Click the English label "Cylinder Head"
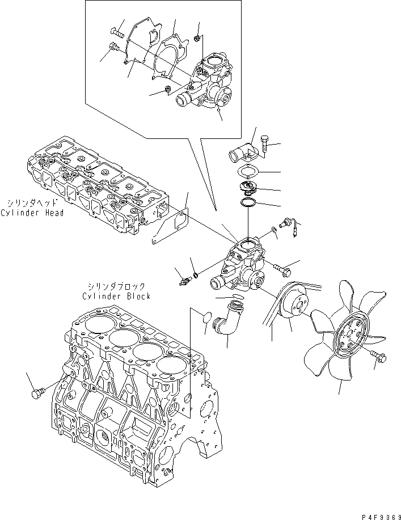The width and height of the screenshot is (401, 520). (x=32, y=213)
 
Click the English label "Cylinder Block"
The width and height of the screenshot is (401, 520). (x=116, y=296)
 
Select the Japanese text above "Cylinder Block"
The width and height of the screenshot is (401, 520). (x=116, y=287)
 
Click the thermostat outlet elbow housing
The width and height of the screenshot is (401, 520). (x=242, y=150)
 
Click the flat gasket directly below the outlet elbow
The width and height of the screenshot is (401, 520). (x=248, y=171)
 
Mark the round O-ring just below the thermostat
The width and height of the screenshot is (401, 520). (x=248, y=202)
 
